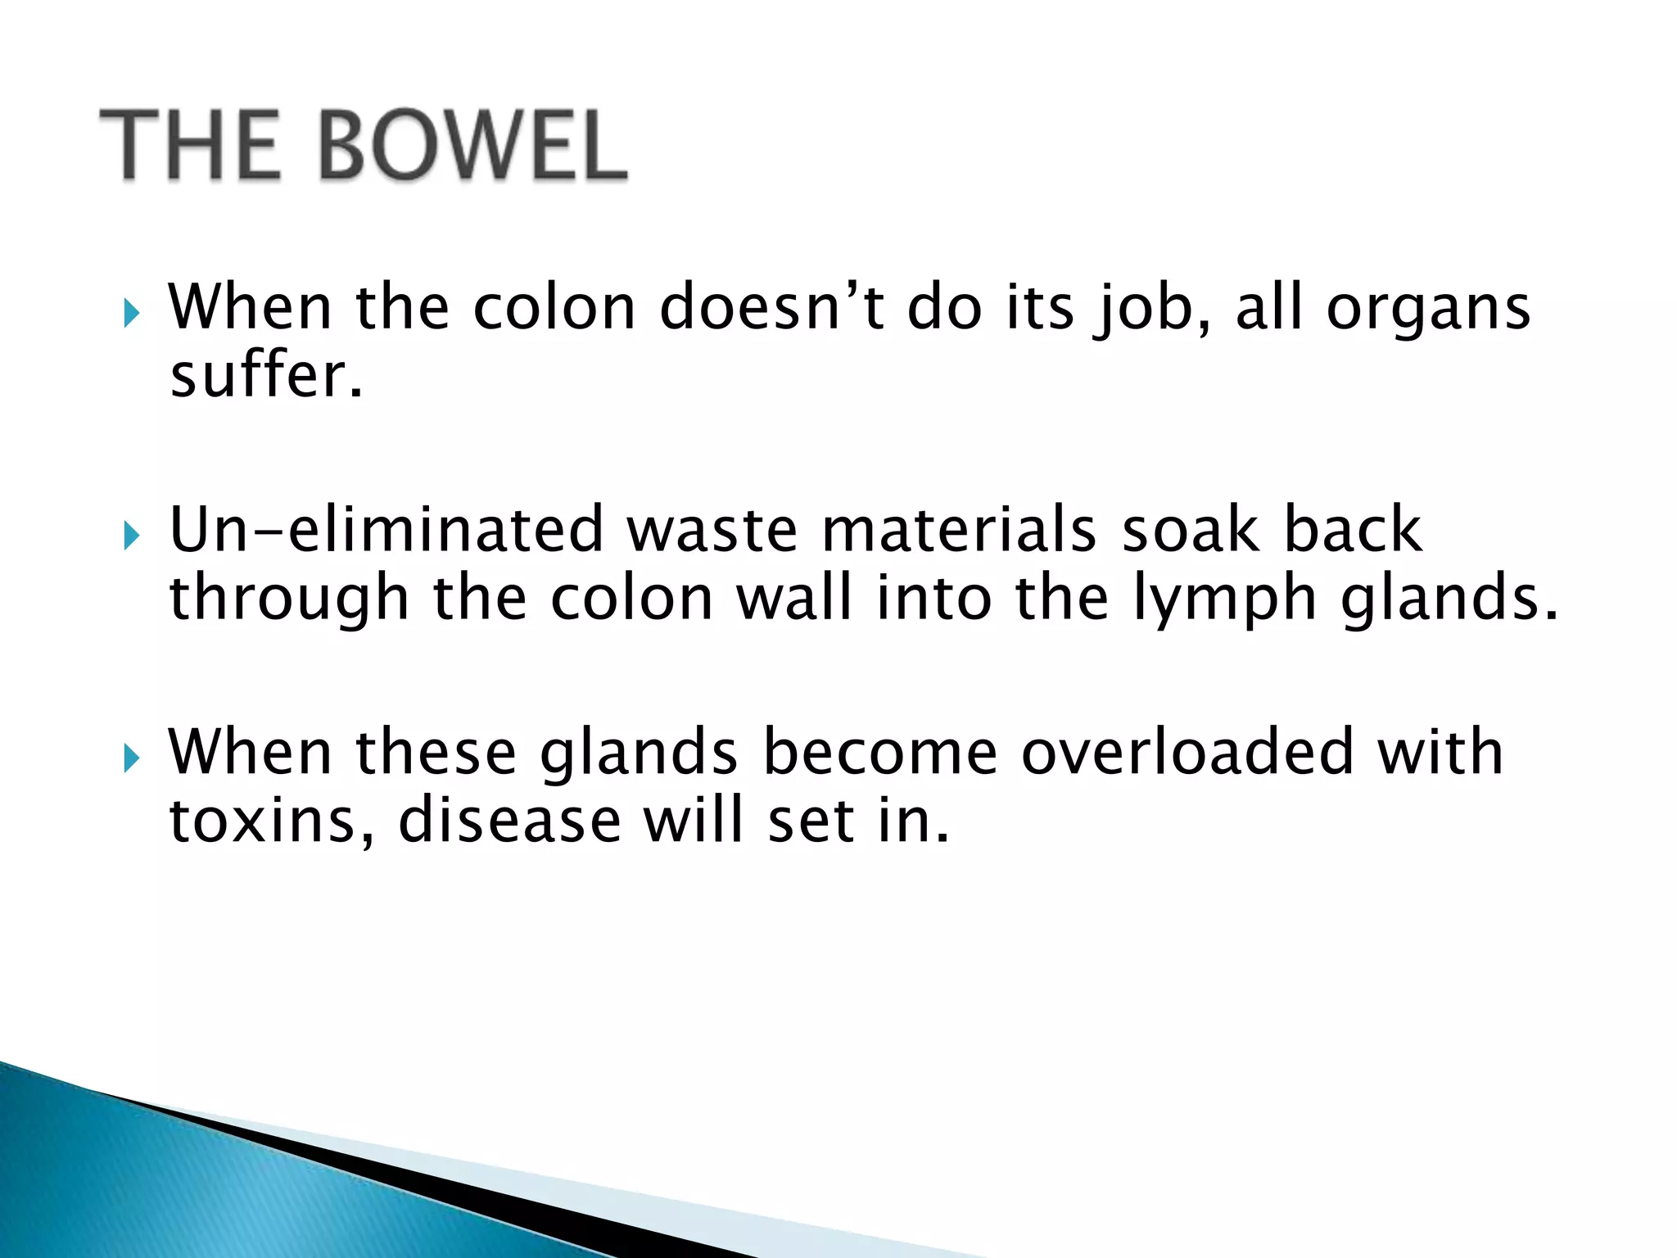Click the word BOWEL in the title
(472, 147)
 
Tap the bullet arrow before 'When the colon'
(131, 313)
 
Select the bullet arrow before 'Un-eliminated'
(131, 536)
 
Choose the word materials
(959, 530)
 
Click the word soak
(1190, 530)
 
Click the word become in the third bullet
(880, 753)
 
